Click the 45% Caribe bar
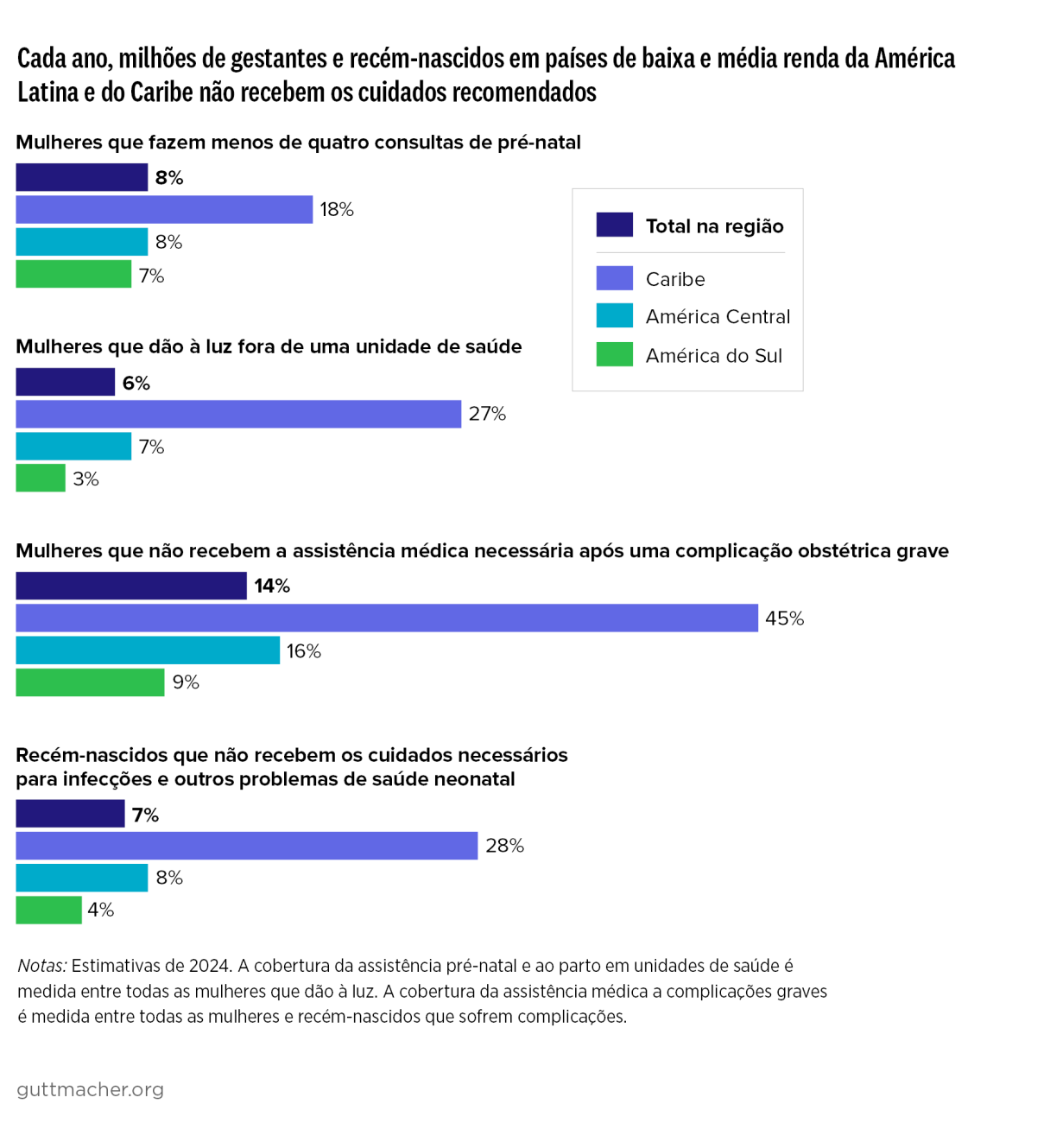click(387, 618)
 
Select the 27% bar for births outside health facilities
click(238, 414)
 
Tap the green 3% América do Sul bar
click(41, 478)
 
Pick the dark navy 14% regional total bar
click(131, 586)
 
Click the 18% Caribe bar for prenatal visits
click(164, 210)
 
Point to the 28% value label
click(504, 846)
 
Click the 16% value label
click(304, 650)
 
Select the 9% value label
click(186, 682)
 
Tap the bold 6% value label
click(136, 383)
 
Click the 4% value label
click(101, 910)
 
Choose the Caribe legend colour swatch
click(614, 278)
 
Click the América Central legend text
click(718, 317)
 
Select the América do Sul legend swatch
click(614, 355)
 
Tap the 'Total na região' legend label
click(714, 226)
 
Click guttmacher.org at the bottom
click(90, 1089)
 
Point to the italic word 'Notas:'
click(41, 966)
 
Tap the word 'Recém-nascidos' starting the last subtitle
click(92, 755)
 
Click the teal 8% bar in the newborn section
click(82, 878)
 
